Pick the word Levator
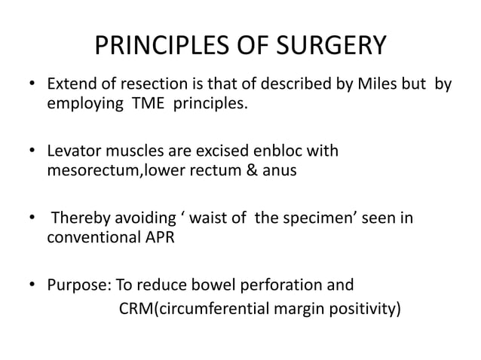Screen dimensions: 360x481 click(x=73, y=151)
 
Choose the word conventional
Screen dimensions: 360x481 click(x=90, y=238)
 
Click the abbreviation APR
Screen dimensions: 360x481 click(x=159, y=238)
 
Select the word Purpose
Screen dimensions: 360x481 click(x=77, y=287)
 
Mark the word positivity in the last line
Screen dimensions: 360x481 click(x=361, y=307)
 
